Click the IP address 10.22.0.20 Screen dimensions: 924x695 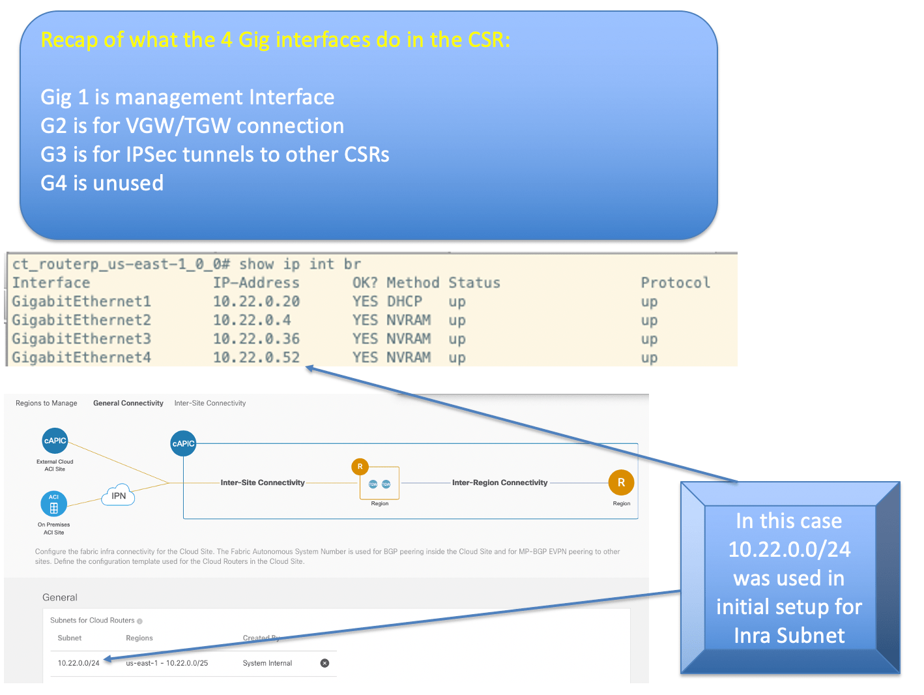pos(256,301)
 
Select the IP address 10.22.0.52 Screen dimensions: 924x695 pos(256,357)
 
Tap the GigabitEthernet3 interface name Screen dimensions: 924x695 pos(81,338)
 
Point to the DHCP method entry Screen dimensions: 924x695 pos(404,301)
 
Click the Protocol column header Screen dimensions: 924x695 pos(675,282)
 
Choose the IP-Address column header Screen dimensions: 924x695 pos(256,282)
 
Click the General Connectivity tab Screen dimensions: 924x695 pos(128,403)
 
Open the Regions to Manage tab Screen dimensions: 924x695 pos(46,403)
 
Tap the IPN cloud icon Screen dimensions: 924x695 pos(119,495)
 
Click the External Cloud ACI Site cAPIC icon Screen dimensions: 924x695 pos(55,441)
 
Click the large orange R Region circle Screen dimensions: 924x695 pos(621,482)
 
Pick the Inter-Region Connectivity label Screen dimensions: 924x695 pos(500,482)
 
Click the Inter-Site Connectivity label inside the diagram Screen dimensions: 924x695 pos(263,482)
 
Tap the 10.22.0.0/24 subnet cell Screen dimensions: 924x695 pos(78,663)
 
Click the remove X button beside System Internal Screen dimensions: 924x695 pos(325,663)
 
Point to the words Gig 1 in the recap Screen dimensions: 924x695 pos(64,97)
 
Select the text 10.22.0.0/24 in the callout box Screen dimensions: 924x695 pos(789,550)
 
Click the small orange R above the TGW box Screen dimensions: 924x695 pos(360,467)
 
